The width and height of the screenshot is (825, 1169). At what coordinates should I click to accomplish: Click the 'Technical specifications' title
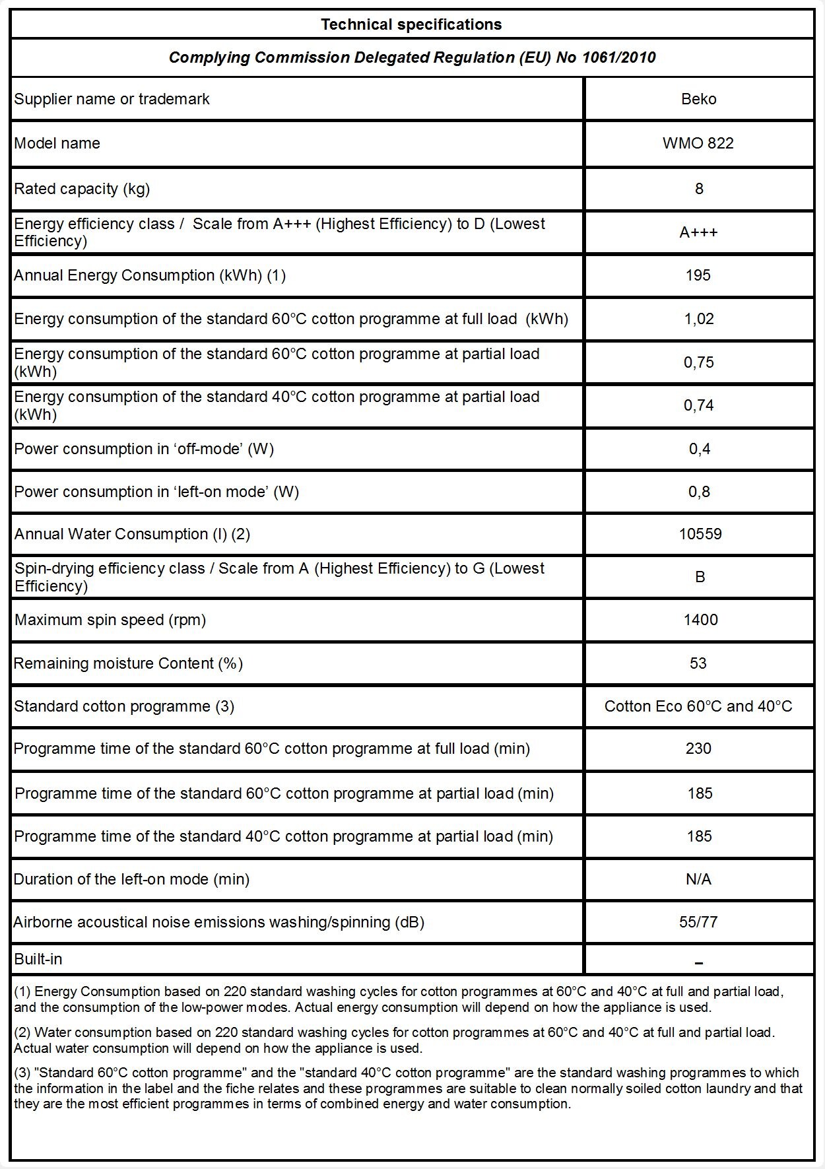click(x=411, y=25)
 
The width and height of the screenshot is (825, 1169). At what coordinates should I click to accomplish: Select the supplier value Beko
click(x=698, y=99)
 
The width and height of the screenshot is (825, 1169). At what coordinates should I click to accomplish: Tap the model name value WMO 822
click(x=698, y=143)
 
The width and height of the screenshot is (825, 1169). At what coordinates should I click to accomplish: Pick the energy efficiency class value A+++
click(x=698, y=232)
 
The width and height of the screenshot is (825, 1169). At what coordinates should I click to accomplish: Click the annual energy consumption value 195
click(x=698, y=275)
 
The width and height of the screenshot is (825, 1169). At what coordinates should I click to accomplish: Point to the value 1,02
click(x=698, y=319)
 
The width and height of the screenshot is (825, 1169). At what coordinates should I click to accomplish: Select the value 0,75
click(x=698, y=362)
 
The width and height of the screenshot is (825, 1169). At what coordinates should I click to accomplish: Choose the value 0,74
click(x=698, y=405)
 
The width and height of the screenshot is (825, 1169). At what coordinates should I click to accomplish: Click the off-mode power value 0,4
click(x=698, y=449)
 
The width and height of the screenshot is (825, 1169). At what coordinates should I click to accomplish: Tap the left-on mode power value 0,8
click(x=698, y=492)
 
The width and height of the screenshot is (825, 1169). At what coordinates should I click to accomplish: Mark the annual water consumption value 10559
click(x=700, y=534)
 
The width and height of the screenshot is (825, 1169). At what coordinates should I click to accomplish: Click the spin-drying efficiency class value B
click(x=700, y=577)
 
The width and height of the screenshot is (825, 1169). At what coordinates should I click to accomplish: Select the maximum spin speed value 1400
click(x=700, y=620)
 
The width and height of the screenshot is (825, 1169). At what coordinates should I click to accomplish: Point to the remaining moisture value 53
click(x=698, y=663)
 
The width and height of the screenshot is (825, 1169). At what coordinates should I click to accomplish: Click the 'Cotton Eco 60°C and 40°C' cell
click(x=698, y=706)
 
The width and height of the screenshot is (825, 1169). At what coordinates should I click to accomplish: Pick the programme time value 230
click(x=698, y=749)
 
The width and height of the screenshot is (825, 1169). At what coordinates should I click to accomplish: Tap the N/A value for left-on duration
click(x=698, y=879)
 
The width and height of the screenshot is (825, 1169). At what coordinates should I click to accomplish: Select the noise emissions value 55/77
click(x=698, y=922)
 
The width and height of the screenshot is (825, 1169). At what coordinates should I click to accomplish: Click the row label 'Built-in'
click(x=38, y=959)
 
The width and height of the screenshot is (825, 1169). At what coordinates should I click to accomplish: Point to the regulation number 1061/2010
click(x=618, y=58)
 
